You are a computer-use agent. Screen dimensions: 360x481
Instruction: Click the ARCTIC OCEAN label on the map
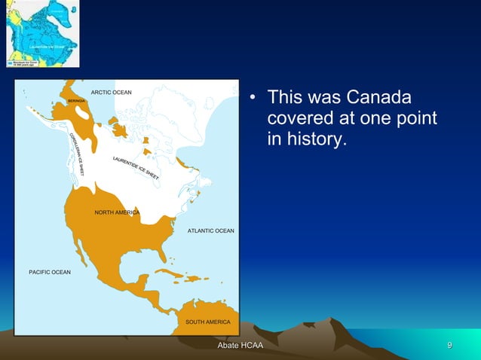coord(111,93)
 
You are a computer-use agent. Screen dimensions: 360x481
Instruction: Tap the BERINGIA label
coord(75,100)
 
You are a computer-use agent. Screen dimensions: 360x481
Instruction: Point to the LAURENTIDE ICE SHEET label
coord(136,167)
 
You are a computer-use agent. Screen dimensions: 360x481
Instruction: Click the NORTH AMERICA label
coord(117,212)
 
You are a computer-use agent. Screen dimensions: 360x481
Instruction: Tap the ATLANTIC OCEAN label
coord(210,230)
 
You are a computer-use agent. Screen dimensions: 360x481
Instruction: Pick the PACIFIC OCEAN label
coord(50,271)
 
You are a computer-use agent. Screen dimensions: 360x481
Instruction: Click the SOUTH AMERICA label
coord(207,322)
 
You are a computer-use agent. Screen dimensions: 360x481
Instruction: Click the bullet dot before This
coord(254,99)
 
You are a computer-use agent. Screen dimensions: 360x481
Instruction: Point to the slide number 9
coord(449,346)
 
